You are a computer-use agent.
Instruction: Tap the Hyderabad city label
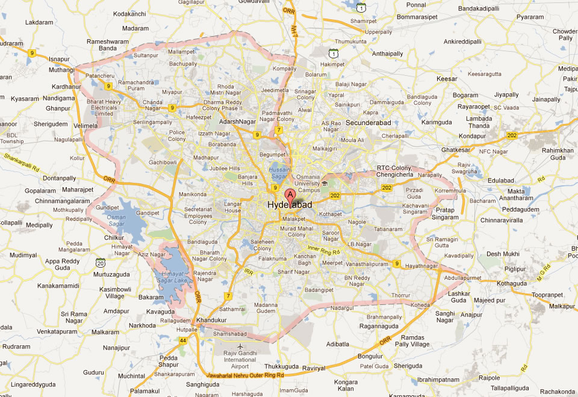(290, 206)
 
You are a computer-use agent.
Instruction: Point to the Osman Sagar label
(116, 220)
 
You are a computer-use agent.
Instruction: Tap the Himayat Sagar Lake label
(172, 277)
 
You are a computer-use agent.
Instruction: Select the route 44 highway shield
(183, 340)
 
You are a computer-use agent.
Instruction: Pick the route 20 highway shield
(101, 262)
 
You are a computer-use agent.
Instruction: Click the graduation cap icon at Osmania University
(324, 183)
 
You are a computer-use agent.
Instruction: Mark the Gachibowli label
(163, 162)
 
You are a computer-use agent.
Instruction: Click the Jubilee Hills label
(224, 168)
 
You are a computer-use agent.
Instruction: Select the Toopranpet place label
(547, 295)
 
